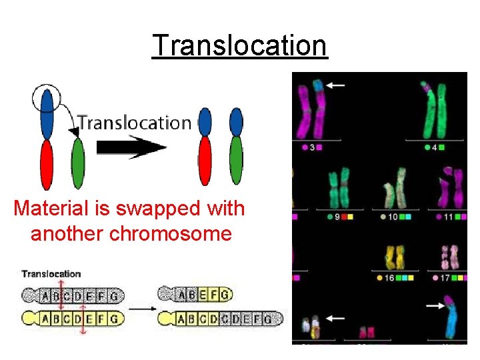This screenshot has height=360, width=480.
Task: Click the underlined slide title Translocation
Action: coord(240,45)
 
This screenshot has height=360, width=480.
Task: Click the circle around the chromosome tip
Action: coord(45,97)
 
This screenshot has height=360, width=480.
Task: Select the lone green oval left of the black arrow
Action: coord(78,165)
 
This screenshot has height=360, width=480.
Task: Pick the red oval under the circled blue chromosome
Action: coord(46,164)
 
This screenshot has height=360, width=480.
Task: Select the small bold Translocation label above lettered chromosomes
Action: coord(51,273)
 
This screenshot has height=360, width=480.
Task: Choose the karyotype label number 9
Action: coord(337,217)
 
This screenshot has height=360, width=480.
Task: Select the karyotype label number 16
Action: coord(390,277)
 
